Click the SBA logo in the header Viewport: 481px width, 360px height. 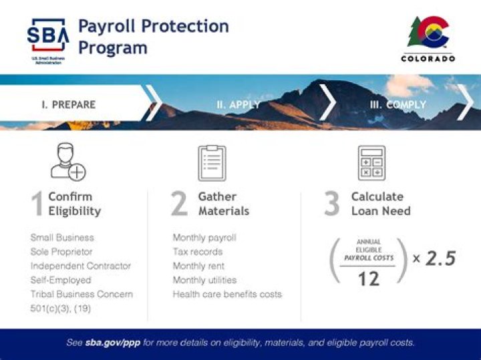tap(47, 39)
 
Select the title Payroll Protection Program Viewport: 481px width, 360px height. tap(153, 37)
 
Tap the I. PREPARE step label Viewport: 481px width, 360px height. tap(68, 105)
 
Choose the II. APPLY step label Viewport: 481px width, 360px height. tap(238, 105)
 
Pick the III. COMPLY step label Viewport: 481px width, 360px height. tap(397, 105)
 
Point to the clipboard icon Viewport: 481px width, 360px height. tap(212, 163)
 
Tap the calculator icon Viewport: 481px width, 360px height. tap(371, 163)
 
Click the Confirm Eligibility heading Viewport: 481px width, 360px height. tap(74, 204)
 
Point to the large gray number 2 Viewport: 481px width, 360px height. tap(179, 204)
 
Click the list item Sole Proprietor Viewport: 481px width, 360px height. tap(61, 252)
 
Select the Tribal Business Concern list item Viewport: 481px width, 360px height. tap(82, 294)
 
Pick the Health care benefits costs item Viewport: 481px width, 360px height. tap(227, 294)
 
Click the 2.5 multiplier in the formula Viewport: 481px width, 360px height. tap(440, 258)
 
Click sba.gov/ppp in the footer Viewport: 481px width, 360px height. tap(111, 343)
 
